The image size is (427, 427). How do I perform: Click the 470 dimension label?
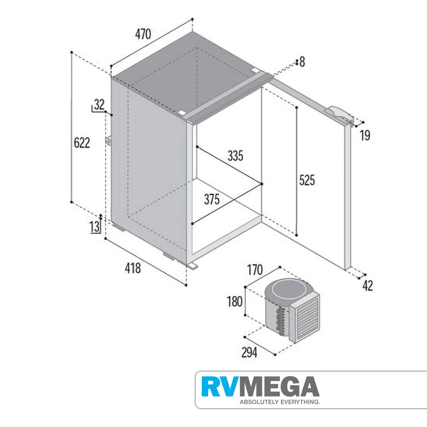pos(143,34)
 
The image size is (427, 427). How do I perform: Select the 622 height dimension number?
pos(82,143)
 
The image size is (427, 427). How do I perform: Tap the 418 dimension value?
pos(133,268)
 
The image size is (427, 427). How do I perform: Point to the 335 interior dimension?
pos(235,156)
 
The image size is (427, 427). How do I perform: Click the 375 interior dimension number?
pos(211,199)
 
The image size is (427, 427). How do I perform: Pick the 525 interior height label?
pos(307,180)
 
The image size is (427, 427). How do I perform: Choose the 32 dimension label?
pos(99,105)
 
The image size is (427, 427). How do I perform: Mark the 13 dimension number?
pos(95,227)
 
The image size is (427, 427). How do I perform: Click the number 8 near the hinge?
pos(302,62)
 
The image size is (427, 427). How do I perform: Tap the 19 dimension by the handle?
pos(365,136)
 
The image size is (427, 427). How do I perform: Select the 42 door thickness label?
pos(368,286)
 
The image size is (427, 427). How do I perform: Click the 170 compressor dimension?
pos(255,270)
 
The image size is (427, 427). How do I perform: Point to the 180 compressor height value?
pos(235,302)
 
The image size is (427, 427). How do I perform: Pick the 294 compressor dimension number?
pos(249,353)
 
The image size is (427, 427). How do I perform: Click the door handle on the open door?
pos(339,114)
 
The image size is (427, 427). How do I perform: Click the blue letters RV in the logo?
pos(218,387)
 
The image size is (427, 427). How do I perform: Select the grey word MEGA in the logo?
pos(277,387)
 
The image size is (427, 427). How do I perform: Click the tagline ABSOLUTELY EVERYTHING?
pos(280,402)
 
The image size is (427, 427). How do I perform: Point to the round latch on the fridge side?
pos(109,141)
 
